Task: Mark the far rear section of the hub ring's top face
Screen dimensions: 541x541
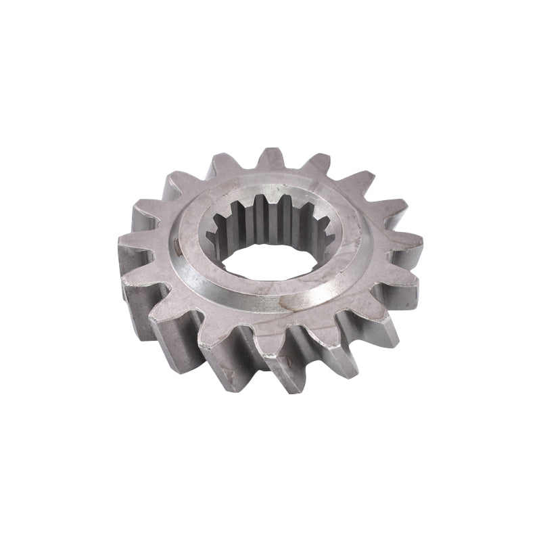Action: pos(270,190)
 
